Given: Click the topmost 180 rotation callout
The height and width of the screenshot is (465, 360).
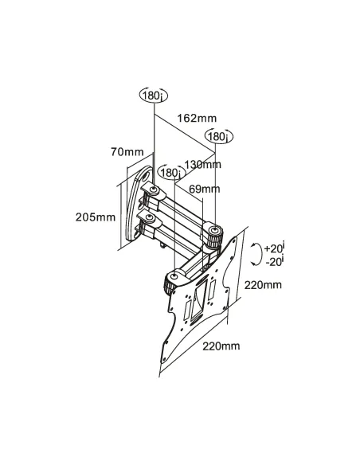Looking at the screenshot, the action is pyautogui.click(x=153, y=96).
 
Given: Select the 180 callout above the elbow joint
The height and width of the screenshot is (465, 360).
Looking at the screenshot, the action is pyautogui.click(x=219, y=136).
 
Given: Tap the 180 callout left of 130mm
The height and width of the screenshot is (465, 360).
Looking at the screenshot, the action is pyautogui.click(x=172, y=172).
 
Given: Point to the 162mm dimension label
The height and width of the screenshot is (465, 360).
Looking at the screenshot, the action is pyautogui.click(x=197, y=118).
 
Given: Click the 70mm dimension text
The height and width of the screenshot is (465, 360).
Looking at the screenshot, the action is pyautogui.click(x=127, y=152).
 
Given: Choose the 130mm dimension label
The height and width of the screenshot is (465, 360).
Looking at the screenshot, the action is pyautogui.click(x=203, y=164).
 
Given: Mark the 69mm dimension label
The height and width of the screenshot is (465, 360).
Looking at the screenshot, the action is pyautogui.click(x=205, y=189).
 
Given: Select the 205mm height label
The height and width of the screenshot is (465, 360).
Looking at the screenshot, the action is pyautogui.click(x=96, y=217).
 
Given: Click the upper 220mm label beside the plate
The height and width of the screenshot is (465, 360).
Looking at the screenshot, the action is pyautogui.click(x=263, y=285).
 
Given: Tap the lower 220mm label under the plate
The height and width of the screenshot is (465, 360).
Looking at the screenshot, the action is pyautogui.click(x=221, y=346).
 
